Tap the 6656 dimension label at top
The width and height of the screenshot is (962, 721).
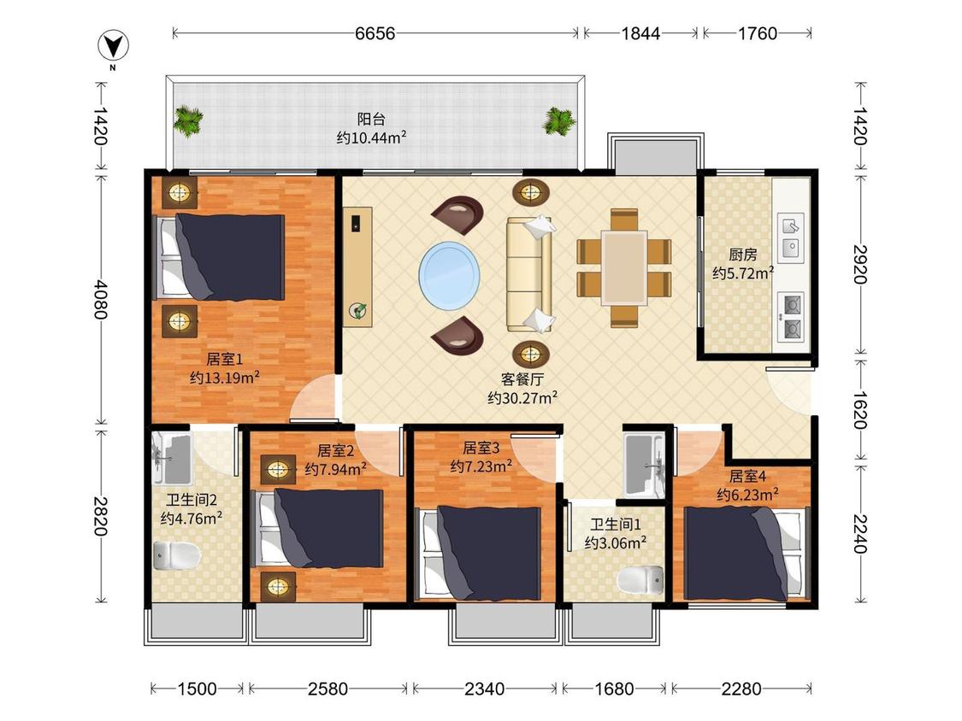coord(375,33)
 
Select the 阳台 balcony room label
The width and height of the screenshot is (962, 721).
coord(371,119)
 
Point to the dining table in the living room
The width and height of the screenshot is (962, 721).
coord(624,267)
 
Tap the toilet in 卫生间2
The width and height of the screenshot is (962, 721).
coord(177,555)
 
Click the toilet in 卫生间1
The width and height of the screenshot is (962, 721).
coord(640,580)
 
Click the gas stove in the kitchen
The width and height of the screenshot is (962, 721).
coord(791,316)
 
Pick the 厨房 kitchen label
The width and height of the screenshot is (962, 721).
coord(742,254)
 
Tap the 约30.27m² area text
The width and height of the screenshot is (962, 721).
coord(522,398)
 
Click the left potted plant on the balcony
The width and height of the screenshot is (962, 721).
coord(187,120)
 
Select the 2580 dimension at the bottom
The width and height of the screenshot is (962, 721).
coord(328,689)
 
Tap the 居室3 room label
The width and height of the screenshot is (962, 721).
coord(481,448)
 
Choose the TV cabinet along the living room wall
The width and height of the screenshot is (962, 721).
coord(357,267)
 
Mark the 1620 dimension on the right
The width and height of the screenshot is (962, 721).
coord(860,409)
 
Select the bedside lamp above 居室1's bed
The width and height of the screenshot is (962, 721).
coord(180,193)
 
